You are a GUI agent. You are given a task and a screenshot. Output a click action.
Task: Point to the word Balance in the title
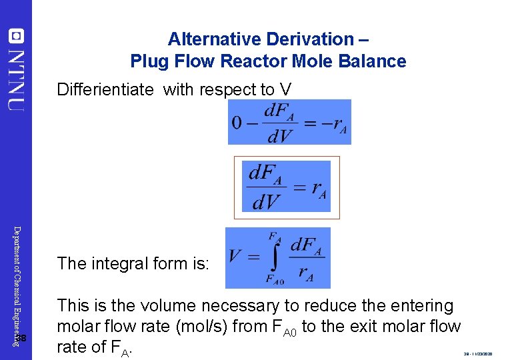[x=374, y=62]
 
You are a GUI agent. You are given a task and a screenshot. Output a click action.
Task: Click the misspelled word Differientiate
[x=105, y=89]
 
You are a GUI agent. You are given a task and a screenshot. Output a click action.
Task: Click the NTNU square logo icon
[x=17, y=36]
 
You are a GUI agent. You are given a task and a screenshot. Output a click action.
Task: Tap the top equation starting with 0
[x=289, y=122]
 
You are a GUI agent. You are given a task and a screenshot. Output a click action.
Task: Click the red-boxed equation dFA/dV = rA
[x=287, y=187]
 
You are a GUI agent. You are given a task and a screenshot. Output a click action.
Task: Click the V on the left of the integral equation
[x=235, y=257]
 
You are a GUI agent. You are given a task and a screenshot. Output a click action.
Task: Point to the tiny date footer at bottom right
[x=478, y=354]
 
